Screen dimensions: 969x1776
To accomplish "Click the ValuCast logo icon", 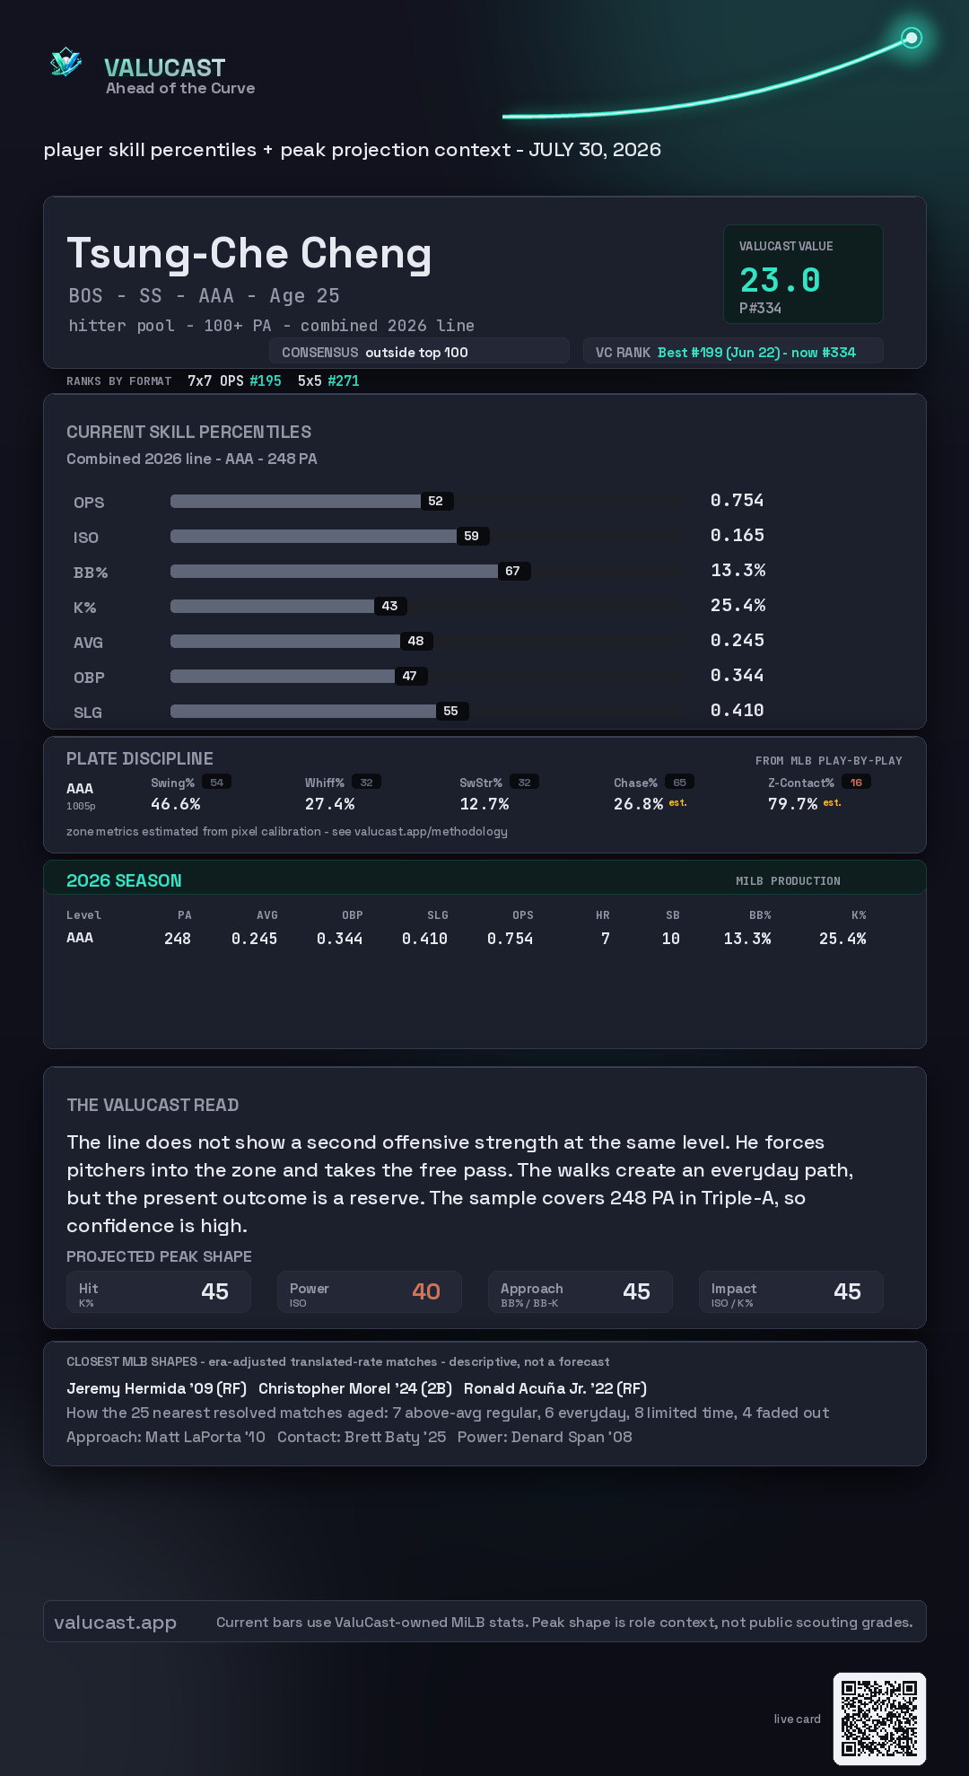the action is pos(65,62).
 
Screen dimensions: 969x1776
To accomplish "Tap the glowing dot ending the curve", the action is pos(912,38).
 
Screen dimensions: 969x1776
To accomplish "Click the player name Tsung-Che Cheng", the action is pos(249,254).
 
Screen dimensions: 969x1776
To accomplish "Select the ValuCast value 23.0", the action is pos(780,280).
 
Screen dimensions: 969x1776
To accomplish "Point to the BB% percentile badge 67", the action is pos(513,571).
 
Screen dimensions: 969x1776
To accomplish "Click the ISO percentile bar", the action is pos(314,536).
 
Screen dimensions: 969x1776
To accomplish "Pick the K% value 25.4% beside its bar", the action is pos(738,605).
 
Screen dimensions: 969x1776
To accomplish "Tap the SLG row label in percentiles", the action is pos(88,713).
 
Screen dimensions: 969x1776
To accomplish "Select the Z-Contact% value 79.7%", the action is pos(792,804).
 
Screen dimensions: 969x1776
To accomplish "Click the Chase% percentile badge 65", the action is pos(680,783).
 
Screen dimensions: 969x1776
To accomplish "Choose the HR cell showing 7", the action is pos(606,939).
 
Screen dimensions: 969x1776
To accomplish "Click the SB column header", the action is pos(673,915).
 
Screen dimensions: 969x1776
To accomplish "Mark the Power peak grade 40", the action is pos(426,1291).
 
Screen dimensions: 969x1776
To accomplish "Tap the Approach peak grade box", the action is pos(581,1291).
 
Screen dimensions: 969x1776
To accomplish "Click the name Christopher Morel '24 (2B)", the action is pos(355,1388).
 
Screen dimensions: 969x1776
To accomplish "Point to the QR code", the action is pos(879,1719).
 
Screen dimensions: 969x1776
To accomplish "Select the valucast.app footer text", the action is pos(115,1623).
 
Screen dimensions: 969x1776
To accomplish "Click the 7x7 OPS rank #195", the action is pos(266,381).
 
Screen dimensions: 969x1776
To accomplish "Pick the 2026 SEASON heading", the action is pos(124,880).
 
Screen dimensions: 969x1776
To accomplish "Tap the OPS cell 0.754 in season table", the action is pos(510,939).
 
